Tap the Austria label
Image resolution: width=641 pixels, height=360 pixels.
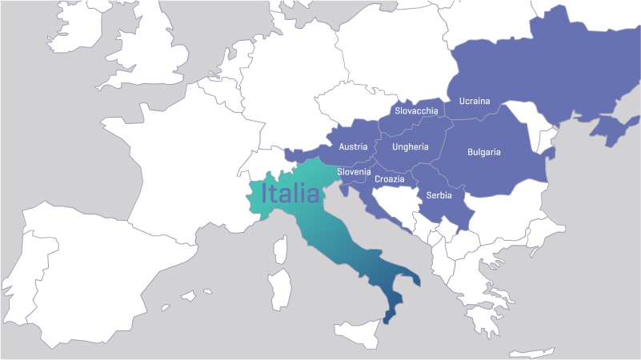click(353, 147)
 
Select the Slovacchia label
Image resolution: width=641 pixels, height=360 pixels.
click(416, 111)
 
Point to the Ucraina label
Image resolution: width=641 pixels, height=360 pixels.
click(474, 102)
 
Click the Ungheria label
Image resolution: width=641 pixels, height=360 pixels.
click(411, 147)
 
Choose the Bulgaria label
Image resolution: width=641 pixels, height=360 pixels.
click(483, 152)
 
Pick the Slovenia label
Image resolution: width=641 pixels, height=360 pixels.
click(354, 172)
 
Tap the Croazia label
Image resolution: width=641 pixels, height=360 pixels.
click(389, 179)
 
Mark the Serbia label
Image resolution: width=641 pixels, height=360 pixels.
click(439, 195)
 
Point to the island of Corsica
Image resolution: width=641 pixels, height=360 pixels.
click(281, 249)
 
